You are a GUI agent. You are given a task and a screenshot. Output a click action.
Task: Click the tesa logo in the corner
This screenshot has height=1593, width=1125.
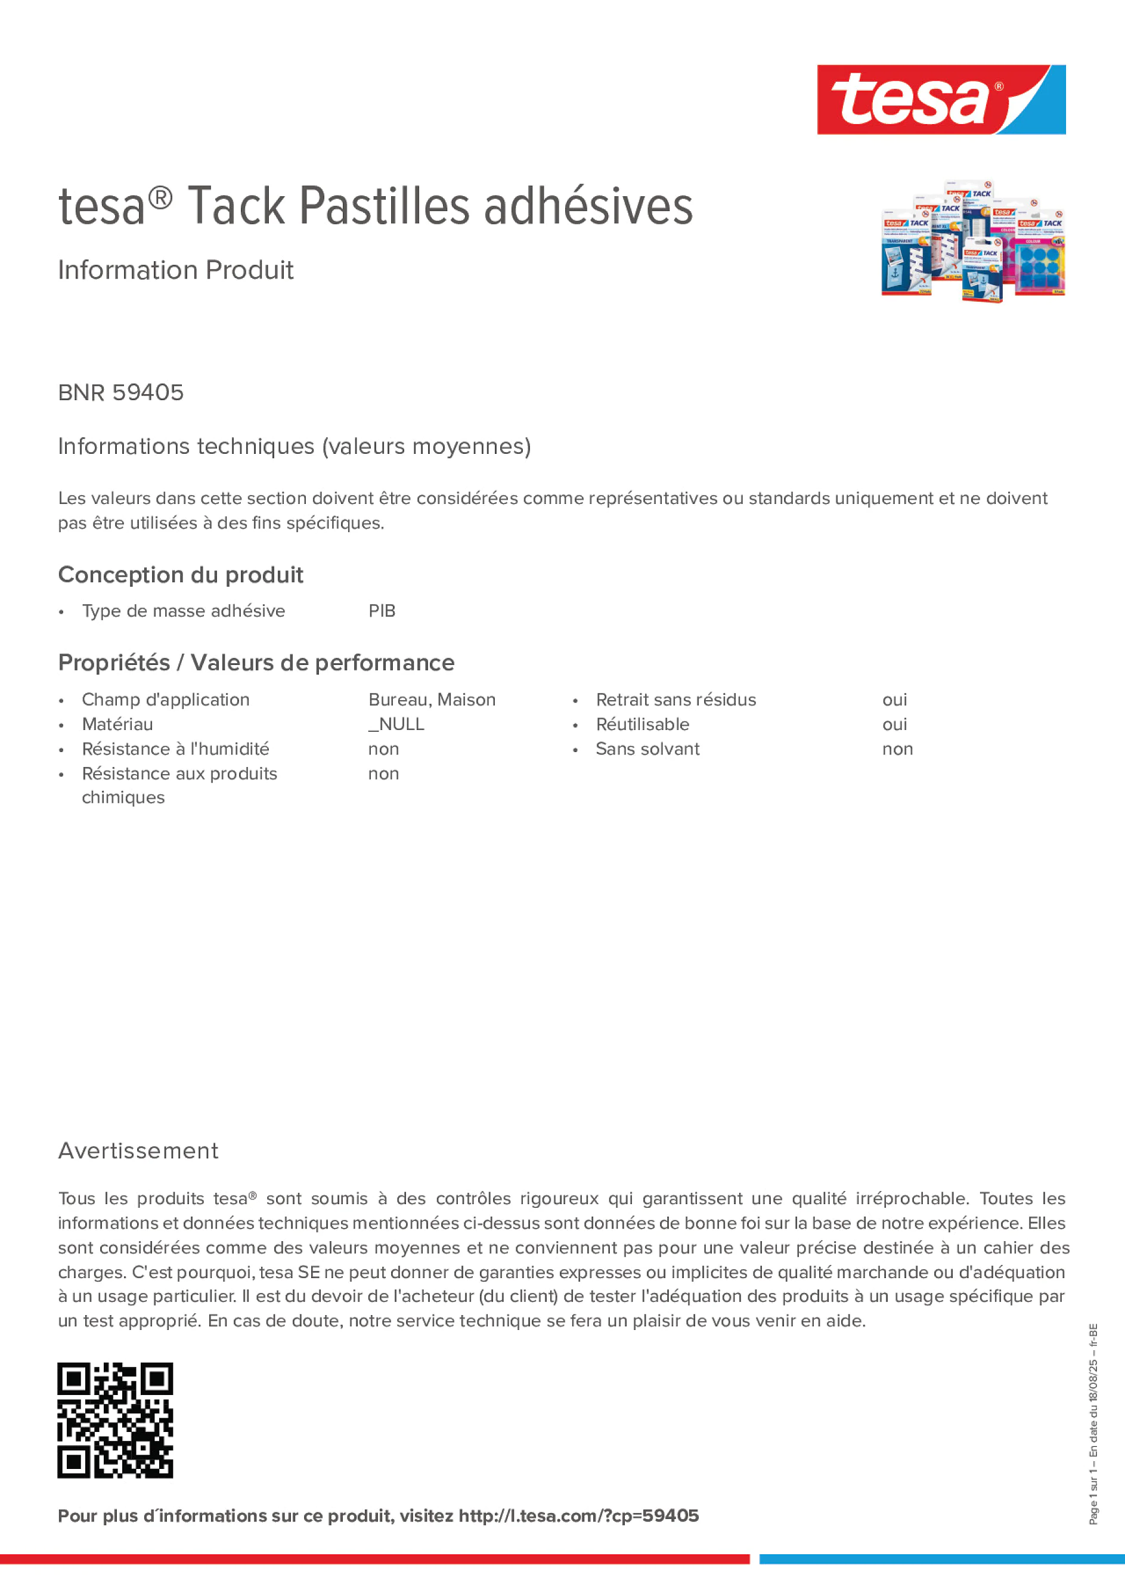click(941, 100)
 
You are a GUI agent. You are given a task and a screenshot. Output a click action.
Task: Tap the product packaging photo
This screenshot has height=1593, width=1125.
click(972, 243)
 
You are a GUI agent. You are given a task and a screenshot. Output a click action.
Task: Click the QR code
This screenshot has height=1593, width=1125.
click(115, 1420)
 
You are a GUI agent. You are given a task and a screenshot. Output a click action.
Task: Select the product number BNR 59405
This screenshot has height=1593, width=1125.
click(120, 392)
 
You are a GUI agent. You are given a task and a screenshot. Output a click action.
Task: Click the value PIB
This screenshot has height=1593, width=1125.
click(382, 611)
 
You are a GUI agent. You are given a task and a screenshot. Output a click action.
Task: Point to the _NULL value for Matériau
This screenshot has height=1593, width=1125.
click(396, 725)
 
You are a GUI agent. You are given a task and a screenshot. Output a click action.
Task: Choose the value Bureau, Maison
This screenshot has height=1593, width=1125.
click(432, 700)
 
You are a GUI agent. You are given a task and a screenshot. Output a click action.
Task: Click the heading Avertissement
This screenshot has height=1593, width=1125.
click(138, 1150)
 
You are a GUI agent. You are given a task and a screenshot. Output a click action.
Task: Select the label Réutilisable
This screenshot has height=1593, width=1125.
click(642, 725)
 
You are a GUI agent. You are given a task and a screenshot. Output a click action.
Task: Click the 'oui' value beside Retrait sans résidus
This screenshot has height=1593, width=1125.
click(894, 700)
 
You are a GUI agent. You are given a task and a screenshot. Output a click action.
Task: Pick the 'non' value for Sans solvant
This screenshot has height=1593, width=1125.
click(897, 749)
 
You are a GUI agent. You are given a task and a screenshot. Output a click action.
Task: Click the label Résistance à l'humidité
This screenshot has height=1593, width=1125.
click(175, 749)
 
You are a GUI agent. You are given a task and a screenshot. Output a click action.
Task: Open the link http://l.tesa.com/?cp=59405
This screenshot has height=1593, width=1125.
click(578, 1516)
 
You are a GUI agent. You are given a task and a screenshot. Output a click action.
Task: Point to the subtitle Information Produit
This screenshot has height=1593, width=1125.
click(175, 270)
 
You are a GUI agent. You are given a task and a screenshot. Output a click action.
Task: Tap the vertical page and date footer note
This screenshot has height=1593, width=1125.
click(1093, 1424)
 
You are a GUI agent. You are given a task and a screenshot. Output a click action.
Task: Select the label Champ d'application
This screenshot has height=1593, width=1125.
click(166, 700)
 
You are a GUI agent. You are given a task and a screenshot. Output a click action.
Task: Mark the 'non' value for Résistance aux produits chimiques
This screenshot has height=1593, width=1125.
click(383, 774)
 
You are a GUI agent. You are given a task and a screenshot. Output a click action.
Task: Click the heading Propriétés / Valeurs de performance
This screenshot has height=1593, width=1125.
click(256, 663)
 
